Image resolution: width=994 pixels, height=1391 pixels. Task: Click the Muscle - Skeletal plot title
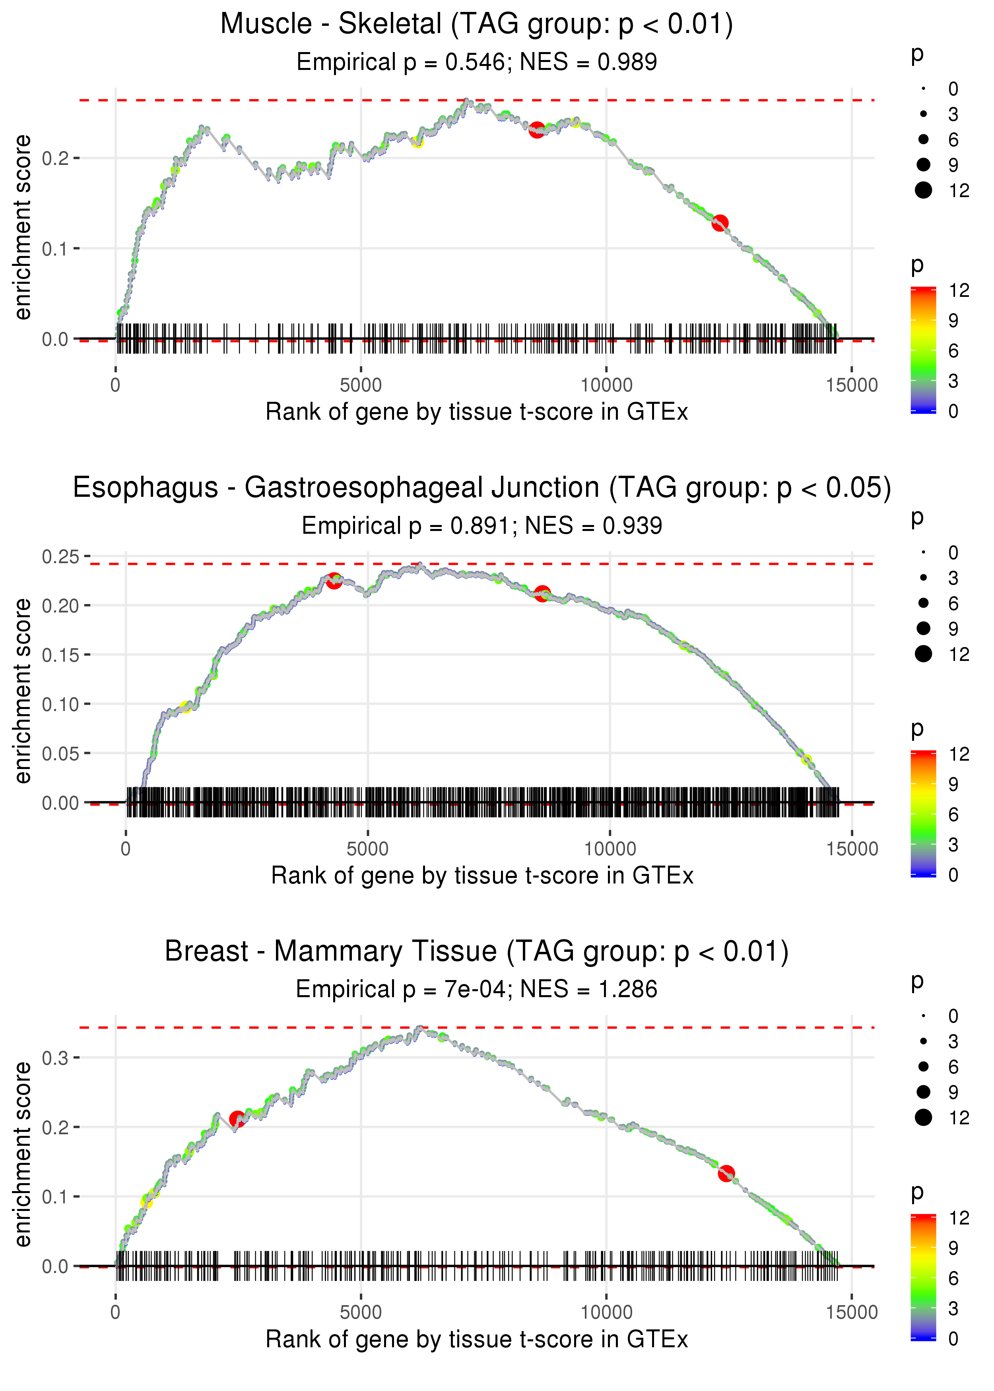tap(476, 25)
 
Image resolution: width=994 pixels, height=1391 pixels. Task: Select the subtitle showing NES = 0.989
tap(476, 62)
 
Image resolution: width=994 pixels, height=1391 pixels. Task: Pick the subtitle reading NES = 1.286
tap(476, 989)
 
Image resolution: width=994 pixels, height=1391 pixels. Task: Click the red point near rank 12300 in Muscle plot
tap(720, 223)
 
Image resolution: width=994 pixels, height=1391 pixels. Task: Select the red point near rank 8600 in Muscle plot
tap(537, 130)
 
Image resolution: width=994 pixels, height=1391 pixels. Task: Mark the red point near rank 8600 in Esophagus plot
tap(542, 593)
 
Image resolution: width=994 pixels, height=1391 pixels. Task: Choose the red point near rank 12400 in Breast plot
tap(726, 1173)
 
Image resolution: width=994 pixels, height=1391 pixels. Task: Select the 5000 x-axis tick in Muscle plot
tap(361, 386)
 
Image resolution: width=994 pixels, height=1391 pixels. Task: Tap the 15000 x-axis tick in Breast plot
tap(851, 1312)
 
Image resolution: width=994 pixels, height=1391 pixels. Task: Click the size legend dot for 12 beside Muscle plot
tap(923, 190)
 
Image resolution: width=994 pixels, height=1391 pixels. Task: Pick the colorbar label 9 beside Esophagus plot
tap(953, 784)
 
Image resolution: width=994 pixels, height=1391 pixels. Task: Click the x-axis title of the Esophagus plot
tap(482, 876)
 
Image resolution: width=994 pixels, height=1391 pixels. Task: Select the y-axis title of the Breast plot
tap(23, 1154)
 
